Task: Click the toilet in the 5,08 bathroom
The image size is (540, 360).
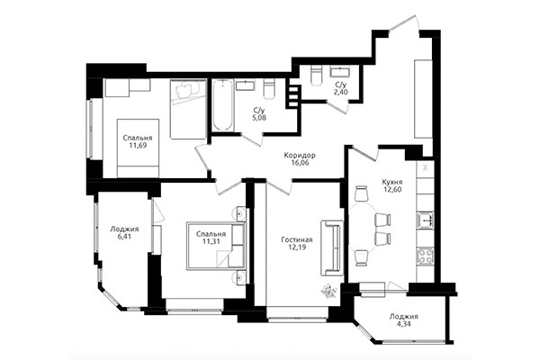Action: click(x=269, y=89)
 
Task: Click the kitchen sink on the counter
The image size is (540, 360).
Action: click(x=425, y=220)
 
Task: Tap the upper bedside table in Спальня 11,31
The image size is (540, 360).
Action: click(x=239, y=214)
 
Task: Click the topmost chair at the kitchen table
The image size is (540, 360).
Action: click(x=362, y=193)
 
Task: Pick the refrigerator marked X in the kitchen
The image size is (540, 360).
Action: click(x=425, y=168)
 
